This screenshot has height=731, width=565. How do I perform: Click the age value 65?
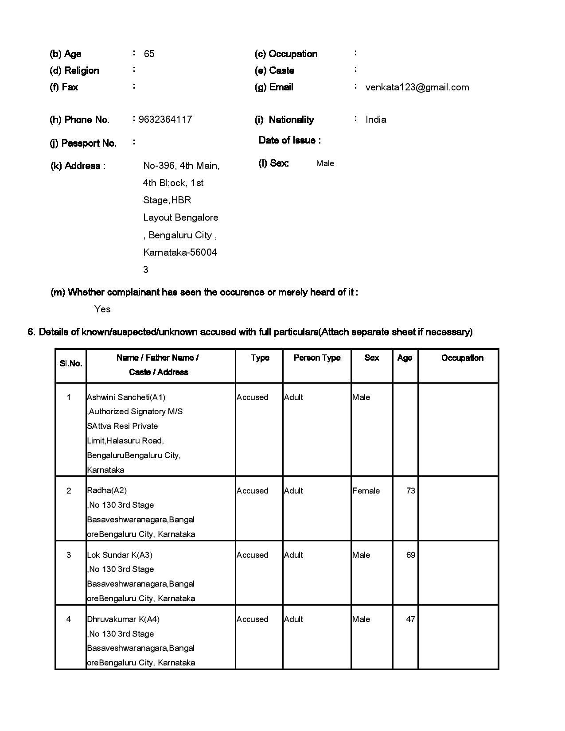pos(149,54)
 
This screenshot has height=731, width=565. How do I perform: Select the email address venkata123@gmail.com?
pos(417,87)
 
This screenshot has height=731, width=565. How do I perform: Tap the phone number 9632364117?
pos(165,120)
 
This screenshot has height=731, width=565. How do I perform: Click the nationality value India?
pos(376,120)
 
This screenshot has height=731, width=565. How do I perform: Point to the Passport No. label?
pos(89,143)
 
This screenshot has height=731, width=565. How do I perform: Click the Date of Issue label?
pos(290,140)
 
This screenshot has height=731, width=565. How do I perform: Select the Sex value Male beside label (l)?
pos(325,163)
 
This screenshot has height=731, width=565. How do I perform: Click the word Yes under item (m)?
pos(102,309)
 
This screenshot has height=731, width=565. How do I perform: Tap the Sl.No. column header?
pos(71,364)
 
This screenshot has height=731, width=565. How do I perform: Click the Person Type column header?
pos(317,358)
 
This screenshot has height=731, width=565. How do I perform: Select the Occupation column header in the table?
pos(462,358)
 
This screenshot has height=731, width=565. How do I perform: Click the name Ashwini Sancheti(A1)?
pos(126,397)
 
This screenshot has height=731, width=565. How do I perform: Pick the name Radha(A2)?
pos(107,490)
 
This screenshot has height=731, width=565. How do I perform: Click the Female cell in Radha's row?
pos(366,491)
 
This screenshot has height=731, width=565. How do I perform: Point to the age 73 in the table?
pos(410,491)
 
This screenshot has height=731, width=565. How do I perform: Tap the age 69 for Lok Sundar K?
pos(410,555)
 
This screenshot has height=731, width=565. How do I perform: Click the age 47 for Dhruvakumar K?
pos(410,619)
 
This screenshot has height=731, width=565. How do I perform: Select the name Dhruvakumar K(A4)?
pos(123,619)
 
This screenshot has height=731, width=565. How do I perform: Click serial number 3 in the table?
pos(69,555)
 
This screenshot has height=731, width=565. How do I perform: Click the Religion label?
pos(74,71)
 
